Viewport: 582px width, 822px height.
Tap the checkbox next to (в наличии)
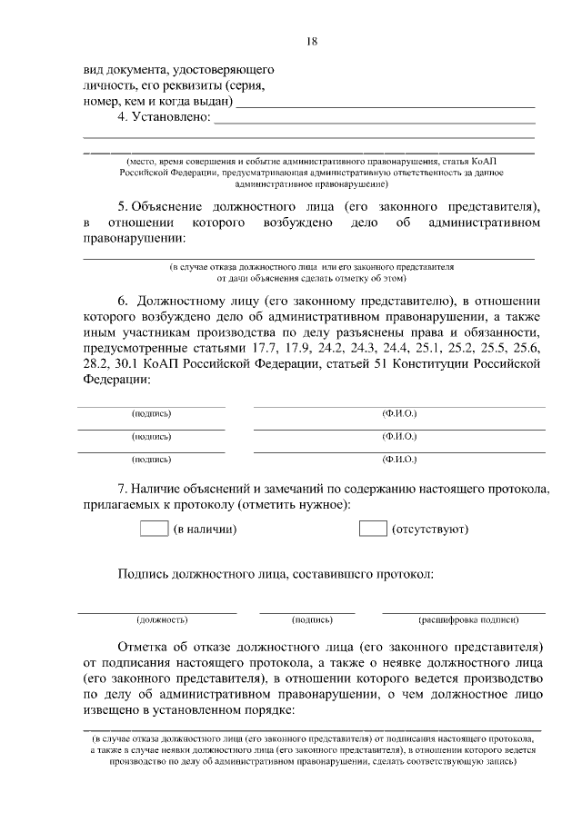[155, 529]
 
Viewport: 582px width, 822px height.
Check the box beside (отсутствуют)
[373, 529]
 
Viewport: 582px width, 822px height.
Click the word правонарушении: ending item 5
[134, 239]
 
